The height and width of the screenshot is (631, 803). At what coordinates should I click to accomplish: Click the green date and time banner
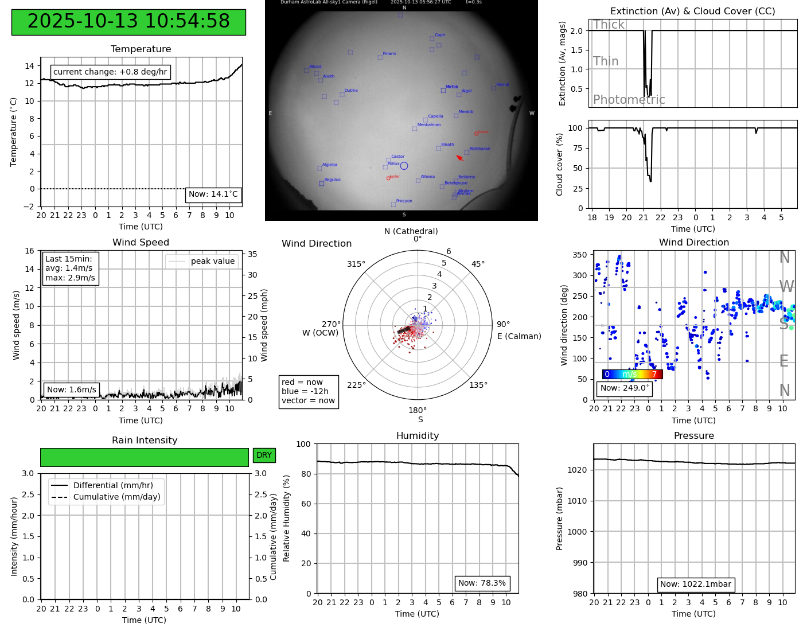128,22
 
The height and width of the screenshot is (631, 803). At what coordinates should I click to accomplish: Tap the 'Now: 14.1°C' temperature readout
213,194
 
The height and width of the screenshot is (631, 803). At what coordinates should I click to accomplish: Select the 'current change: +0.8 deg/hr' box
110,72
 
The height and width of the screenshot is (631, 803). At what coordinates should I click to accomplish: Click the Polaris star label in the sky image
389,53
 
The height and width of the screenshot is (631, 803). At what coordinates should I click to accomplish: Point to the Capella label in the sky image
435,116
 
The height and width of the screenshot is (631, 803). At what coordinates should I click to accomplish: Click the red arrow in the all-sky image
459,158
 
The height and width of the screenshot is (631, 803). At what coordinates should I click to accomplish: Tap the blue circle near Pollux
404,166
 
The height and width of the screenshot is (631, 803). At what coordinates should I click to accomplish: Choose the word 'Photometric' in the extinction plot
629,100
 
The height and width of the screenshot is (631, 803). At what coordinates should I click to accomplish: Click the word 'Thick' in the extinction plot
609,25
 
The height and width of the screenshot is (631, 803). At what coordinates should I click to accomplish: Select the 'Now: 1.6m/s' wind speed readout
71,389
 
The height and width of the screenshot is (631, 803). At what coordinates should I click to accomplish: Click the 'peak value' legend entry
212,261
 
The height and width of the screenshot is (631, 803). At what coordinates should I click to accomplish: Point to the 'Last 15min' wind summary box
70,268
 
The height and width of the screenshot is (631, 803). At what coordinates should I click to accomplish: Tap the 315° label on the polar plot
356,264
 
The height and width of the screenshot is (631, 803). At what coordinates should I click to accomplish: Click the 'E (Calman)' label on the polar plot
519,336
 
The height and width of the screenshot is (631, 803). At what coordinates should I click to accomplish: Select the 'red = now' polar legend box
309,392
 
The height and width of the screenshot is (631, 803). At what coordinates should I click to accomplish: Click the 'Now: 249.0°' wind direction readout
625,388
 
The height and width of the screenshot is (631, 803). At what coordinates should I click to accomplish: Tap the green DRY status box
264,455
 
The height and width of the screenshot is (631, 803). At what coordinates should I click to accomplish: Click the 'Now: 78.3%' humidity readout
482,583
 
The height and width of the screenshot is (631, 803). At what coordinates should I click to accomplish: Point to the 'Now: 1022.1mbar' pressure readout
695,585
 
